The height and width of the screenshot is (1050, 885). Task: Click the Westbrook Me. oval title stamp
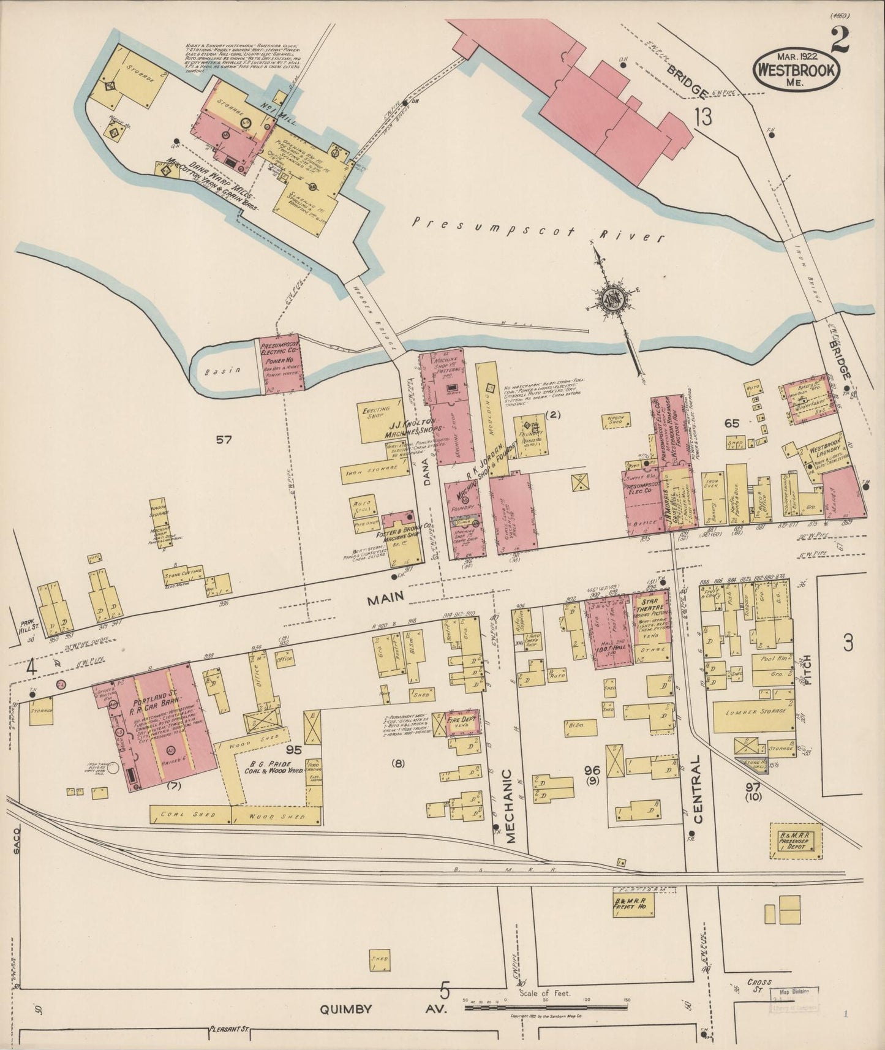click(796, 69)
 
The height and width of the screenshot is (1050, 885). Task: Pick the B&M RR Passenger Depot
click(795, 840)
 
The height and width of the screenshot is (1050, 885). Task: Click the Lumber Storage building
click(755, 712)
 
